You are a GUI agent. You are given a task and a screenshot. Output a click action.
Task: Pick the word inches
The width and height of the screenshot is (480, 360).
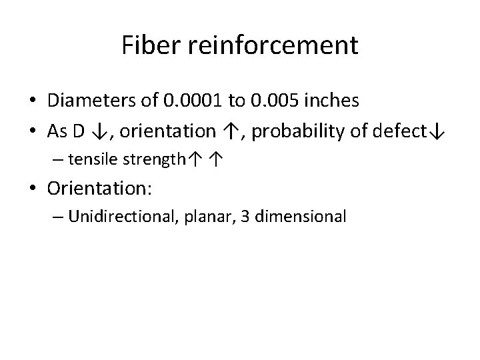(x=333, y=101)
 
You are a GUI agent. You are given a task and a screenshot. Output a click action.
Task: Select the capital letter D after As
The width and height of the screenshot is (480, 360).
(x=78, y=131)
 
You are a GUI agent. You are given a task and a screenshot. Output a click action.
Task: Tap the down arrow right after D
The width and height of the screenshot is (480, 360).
(x=97, y=131)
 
